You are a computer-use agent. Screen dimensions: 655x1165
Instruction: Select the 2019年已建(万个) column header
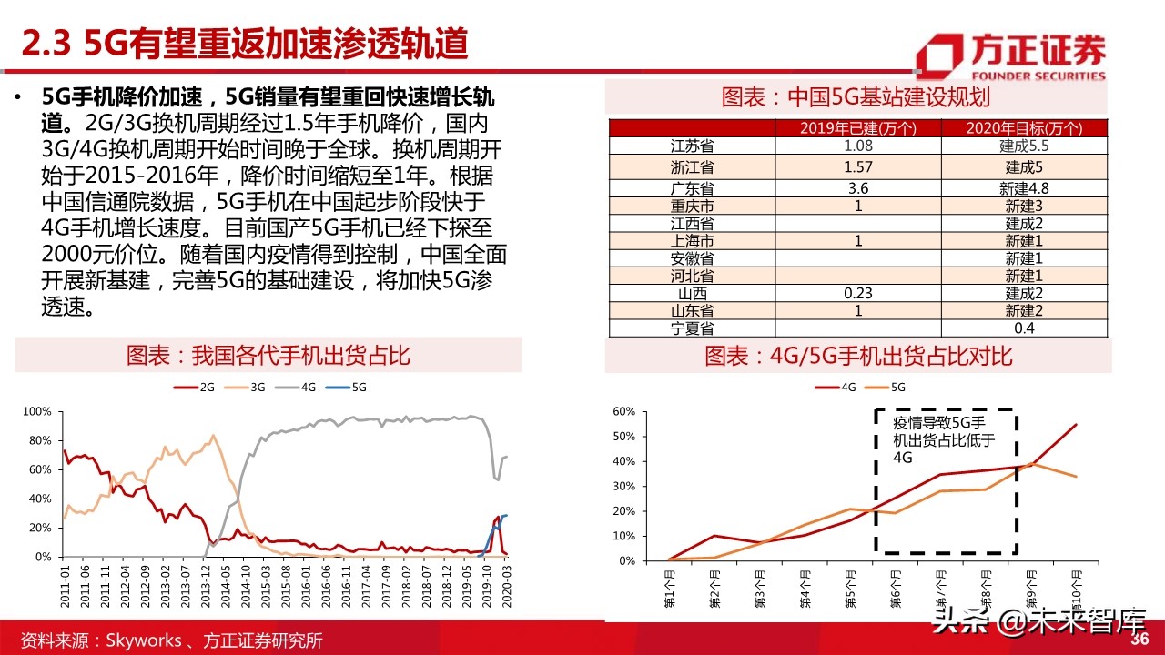pos(856,128)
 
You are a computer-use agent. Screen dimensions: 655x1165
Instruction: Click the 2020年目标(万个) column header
pos(1023,128)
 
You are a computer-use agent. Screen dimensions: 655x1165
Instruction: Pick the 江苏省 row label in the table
pos(692,146)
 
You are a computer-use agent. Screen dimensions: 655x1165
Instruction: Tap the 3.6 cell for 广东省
pos(856,188)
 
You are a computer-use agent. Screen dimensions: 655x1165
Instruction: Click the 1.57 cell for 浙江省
pos(856,166)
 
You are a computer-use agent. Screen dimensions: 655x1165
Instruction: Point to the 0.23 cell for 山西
pos(856,294)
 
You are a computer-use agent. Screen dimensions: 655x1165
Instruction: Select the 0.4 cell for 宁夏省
pos(1023,327)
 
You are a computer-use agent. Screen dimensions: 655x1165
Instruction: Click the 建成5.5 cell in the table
pos(1023,146)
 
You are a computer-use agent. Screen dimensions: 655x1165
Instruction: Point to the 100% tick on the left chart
pos(36,412)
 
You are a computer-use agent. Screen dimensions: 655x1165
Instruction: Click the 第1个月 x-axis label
pos(669,589)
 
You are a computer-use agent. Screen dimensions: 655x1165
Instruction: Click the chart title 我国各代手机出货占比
pos(268,355)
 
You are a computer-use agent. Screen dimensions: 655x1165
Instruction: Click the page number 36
pos(1140,639)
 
